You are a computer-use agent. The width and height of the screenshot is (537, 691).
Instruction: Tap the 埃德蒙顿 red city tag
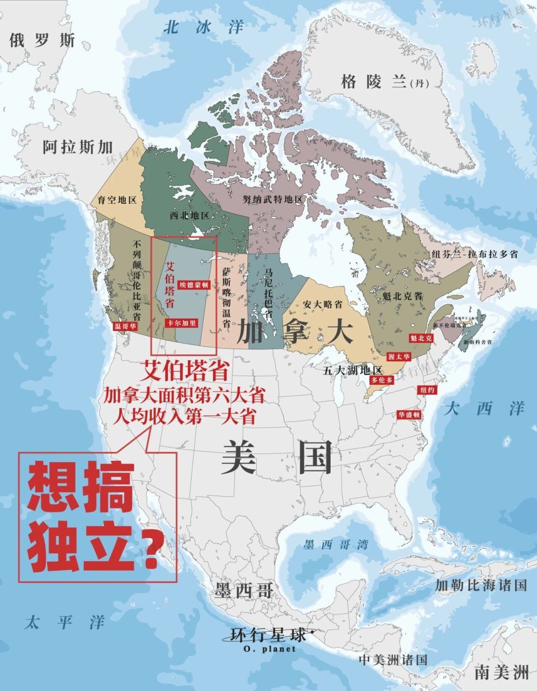tap(194, 284)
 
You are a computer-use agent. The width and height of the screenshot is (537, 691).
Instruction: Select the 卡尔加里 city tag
tap(182, 323)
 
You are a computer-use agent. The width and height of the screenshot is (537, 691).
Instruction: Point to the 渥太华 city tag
tap(399, 356)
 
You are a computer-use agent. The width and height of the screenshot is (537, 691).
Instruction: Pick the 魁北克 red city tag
tap(421, 338)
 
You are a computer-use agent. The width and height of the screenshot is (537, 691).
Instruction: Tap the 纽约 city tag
tap(427, 390)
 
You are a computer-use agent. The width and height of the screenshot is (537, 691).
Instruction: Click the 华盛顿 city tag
tap(409, 415)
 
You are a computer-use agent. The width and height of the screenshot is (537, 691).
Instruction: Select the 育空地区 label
tap(117, 200)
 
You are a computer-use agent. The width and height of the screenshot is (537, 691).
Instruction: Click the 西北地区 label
tap(190, 215)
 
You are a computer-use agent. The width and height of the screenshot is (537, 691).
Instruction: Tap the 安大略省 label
tap(323, 304)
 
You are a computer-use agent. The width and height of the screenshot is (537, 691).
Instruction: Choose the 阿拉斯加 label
tap(78, 147)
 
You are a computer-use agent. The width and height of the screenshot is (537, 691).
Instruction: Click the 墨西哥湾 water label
tap(336, 545)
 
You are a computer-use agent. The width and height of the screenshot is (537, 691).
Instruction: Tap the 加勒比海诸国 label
tap(481, 586)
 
